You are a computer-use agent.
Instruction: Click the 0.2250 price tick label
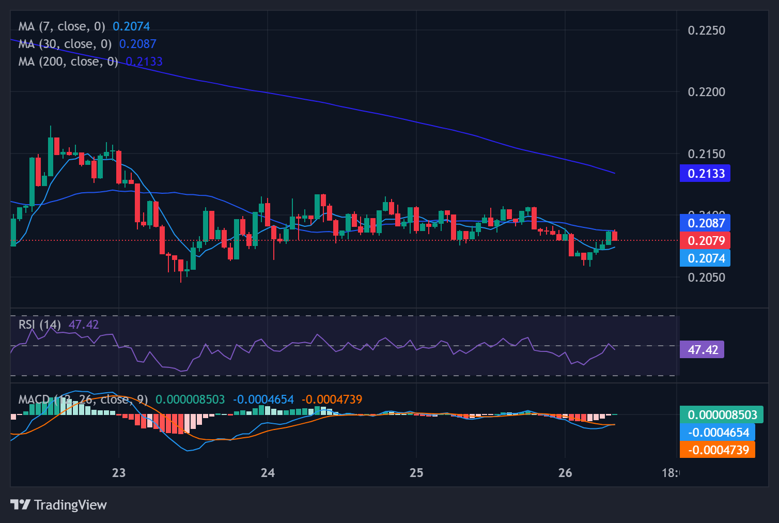coord(706,30)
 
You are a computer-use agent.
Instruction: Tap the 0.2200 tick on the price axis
coord(706,92)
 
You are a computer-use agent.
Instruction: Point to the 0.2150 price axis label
coord(706,154)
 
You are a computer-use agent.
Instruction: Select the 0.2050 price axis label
coord(706,278)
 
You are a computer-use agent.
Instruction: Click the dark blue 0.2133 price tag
coord(705,174)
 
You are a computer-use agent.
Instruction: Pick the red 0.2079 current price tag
coord(705,241)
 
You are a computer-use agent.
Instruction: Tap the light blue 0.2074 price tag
coord(705,258)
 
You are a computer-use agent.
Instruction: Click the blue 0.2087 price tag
coord(705,223)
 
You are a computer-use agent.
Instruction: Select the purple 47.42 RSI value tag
coord(703,350)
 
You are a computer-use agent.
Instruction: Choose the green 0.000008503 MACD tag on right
coord(722,415)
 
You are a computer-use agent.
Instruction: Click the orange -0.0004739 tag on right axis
coord(718,450)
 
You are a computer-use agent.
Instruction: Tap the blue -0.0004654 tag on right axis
coord(718,433)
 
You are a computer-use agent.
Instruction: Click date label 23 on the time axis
coord(119,473)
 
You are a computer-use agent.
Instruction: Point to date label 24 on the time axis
coord(268,473)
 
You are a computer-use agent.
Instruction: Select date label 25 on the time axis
coord(416,473)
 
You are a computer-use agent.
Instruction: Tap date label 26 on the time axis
coord(565,473)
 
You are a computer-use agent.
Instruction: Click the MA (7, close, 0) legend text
coord(61,26)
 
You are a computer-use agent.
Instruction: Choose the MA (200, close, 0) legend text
coord(68,61)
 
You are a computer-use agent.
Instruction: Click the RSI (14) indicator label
coord(40,325)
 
